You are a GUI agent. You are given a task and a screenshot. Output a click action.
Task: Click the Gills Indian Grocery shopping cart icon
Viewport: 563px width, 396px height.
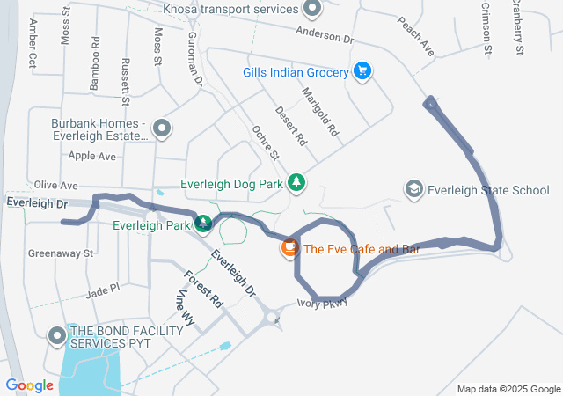[362, 71]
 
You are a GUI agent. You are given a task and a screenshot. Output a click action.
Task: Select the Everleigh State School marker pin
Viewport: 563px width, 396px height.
[413, 189]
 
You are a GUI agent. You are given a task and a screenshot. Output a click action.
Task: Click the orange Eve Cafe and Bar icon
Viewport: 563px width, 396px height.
[288, 249]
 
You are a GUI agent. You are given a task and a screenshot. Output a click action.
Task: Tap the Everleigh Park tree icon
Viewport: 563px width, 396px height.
[204, 224]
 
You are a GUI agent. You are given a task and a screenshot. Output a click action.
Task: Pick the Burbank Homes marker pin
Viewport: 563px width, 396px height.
[161, 129]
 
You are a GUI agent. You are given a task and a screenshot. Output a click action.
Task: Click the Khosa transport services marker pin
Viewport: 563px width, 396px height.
[311, 10]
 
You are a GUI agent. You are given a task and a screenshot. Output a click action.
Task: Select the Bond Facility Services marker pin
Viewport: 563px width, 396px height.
[58, 335]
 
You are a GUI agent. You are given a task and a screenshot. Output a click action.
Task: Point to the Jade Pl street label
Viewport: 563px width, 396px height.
[102, 288]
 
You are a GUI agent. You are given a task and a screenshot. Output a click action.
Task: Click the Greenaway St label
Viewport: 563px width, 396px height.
[60, 253]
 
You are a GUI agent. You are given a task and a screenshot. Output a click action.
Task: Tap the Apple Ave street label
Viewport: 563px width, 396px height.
[92, 156]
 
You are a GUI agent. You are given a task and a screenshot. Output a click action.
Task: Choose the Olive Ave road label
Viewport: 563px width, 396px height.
[56, 186]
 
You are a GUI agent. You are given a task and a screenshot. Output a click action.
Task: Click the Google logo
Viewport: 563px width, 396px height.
[29, 385]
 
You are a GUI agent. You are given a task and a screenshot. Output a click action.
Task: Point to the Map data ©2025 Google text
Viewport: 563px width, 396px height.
[508, 390]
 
